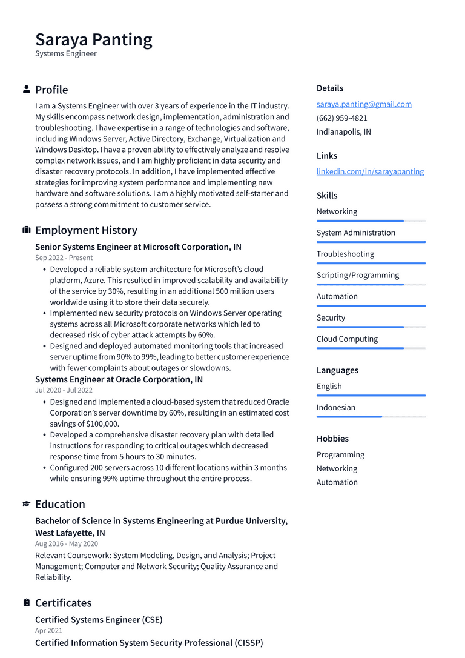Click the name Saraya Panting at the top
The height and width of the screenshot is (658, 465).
click(94, 39)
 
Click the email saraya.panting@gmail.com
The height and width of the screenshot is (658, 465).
click(364, 104)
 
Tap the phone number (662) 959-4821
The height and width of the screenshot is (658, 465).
click(341, 118)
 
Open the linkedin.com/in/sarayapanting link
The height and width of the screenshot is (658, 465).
click(370, 171)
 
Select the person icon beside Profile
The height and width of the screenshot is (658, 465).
click(27, 90)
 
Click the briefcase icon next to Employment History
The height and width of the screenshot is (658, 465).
click(27, 230)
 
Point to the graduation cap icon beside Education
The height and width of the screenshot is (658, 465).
click(27, 504)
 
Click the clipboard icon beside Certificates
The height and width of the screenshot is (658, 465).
click(27, 603)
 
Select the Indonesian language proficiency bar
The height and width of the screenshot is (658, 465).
click(371, 417)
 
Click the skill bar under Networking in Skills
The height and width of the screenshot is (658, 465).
click(371, 221)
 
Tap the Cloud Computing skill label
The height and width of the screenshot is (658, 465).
click(347, 339)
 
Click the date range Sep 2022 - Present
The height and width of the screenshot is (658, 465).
click(64, 258)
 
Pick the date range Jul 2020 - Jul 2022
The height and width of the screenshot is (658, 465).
click(64, 391)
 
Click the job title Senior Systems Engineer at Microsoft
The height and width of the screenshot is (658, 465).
click(138, 247)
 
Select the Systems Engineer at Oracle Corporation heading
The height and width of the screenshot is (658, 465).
click(119, 380)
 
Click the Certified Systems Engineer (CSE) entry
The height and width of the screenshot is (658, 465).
click(99, 620)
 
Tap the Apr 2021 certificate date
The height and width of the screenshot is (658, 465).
click(48, 631)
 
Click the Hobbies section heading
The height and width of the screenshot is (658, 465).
click(332, 439)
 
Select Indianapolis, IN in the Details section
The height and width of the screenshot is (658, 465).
click(343, 132)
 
